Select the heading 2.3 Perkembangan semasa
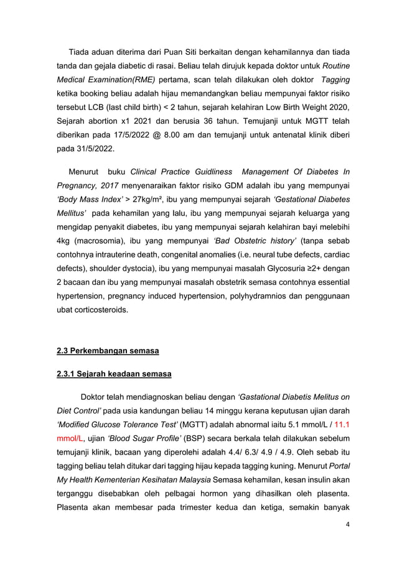pyautogui.click(x=108, y=351)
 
